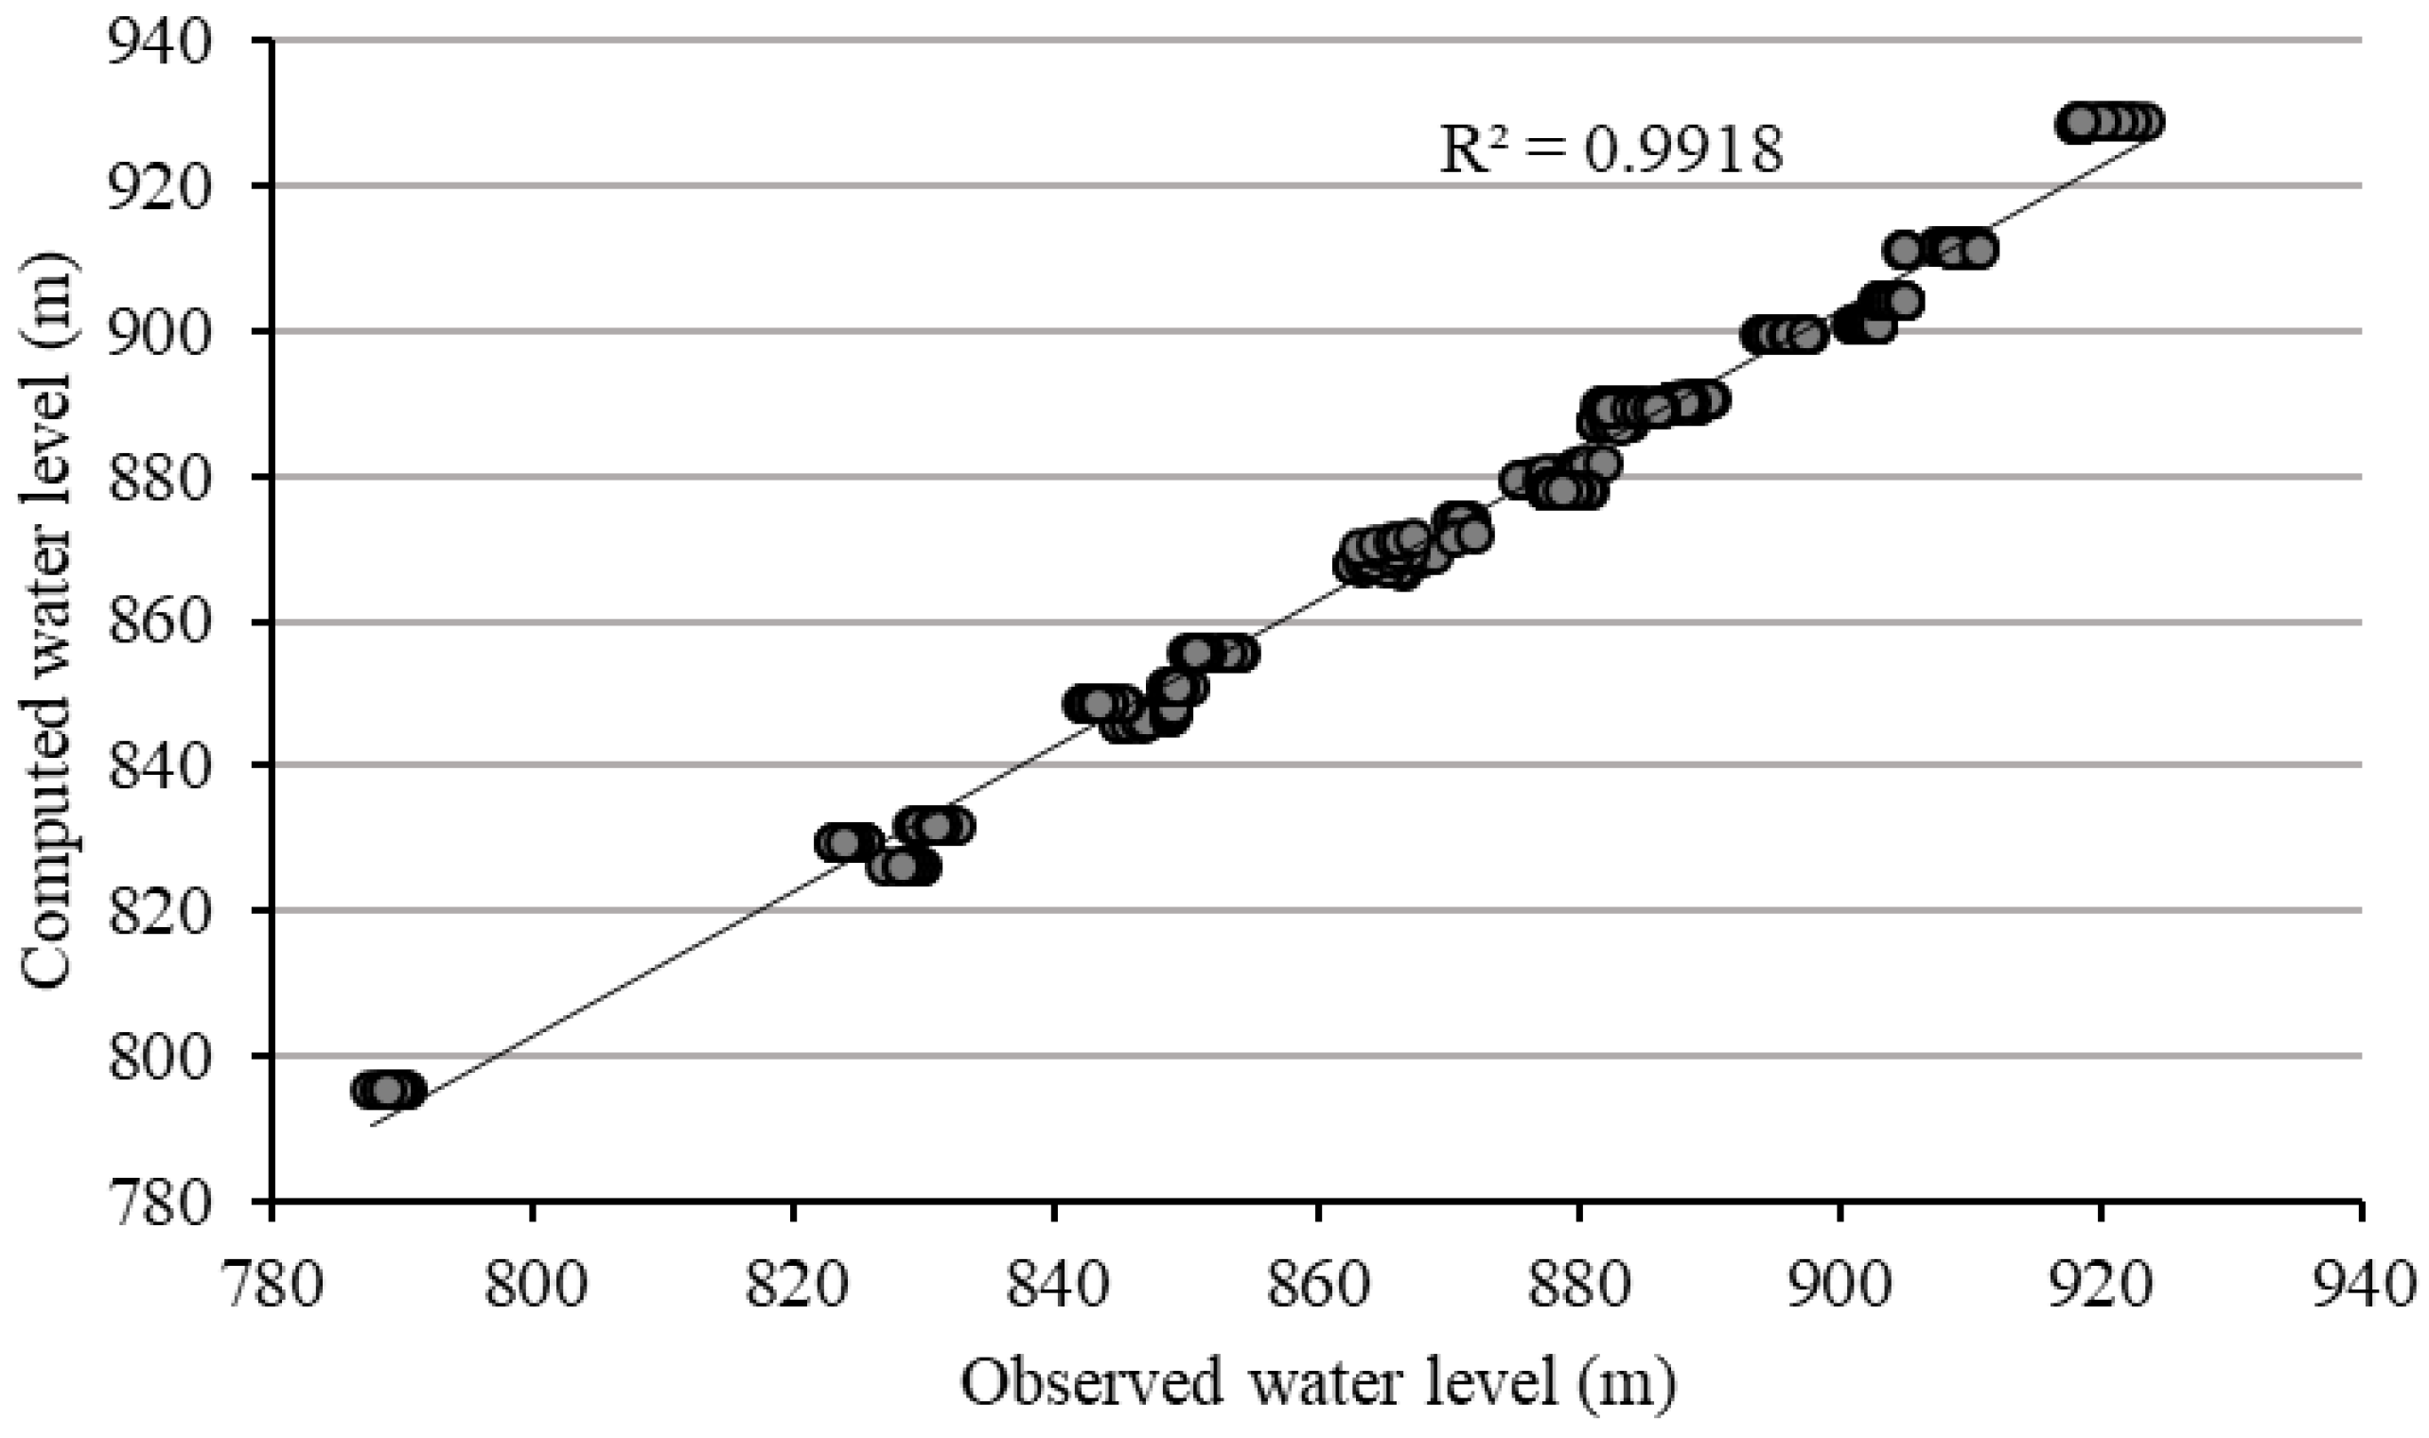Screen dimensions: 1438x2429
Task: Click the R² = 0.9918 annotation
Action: click(x=1611, y=152)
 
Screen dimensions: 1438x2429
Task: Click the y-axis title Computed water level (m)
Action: click(x=48, y=621)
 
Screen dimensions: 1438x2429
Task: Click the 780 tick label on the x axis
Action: click(x=272, y=1287)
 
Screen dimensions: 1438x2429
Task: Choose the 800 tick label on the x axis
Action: click(x=533, y=1287)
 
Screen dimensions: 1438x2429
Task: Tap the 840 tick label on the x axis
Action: click(x=1055, y=1287)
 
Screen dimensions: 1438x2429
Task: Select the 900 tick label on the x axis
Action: click(x=1839, y=1287)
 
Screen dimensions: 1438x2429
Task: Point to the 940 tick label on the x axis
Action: click(x=2361, y=1287)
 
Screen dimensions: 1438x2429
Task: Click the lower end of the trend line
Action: click(x=372, y=1125)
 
